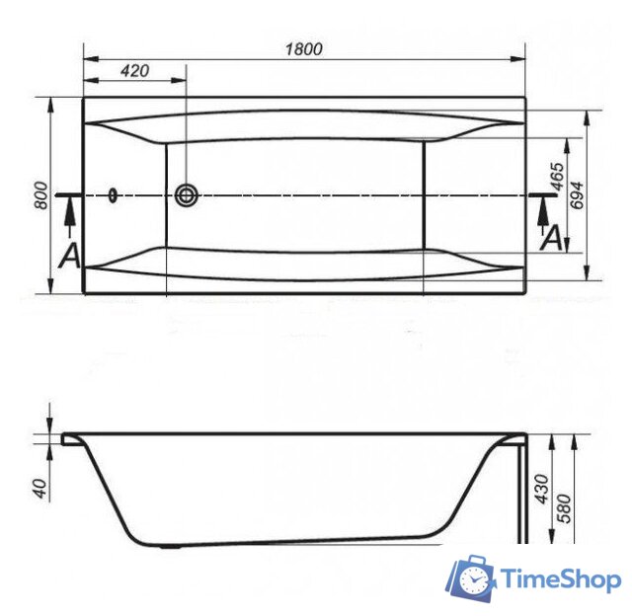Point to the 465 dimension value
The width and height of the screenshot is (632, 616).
557,178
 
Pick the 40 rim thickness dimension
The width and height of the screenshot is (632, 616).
40,488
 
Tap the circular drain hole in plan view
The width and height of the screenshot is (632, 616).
186,194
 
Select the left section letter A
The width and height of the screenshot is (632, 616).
69,256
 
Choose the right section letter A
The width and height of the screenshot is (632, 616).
553,238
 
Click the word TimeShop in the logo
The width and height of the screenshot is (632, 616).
560,579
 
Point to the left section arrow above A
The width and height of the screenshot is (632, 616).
69,210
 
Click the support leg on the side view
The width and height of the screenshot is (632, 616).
522,494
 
